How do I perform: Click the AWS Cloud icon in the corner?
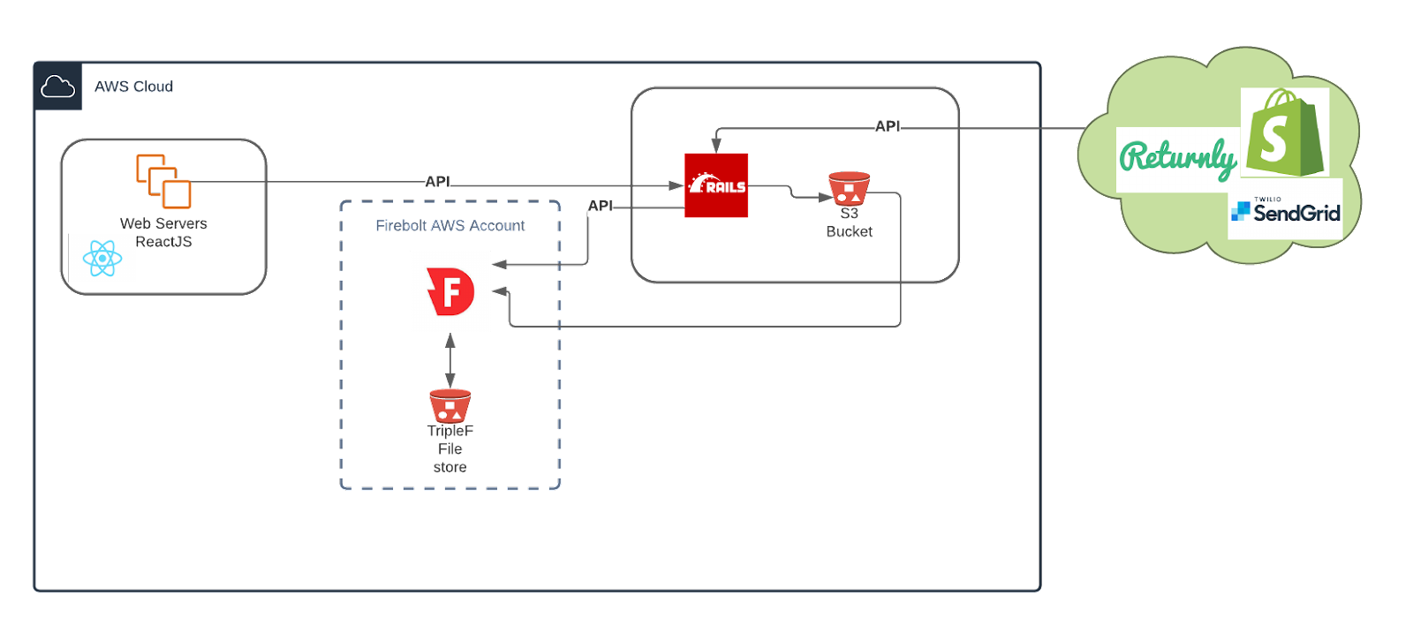57,87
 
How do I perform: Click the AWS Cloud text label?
133,87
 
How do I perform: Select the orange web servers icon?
163,181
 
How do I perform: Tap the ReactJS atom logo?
102,258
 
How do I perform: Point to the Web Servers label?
164,223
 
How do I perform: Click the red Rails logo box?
716,185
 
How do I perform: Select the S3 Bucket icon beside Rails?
849,188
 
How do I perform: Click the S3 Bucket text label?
849,222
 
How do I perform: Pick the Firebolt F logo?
450,291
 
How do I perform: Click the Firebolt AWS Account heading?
450,226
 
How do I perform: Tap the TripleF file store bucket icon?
450,405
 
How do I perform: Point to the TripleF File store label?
450,448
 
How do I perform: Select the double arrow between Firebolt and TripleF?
450,360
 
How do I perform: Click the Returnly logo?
1178,159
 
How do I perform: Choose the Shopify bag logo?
1285,132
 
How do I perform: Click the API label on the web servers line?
437,181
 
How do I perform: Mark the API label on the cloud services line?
887,127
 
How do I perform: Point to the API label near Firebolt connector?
601,206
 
